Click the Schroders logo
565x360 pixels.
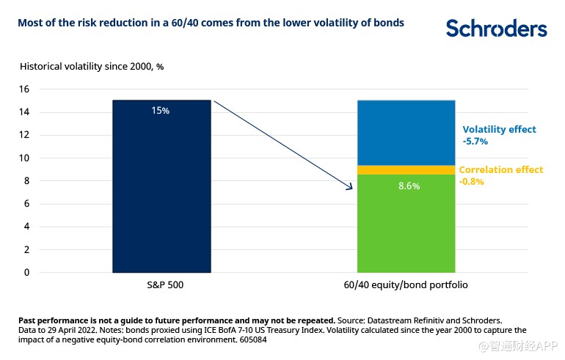click(x=497, y=28)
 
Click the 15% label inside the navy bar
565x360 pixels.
click(x=161, y=111)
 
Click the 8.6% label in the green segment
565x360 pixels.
click(x=409, y=186)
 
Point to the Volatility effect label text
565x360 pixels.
click(x=499, y=129)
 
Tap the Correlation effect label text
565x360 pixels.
click(x=501, y=169)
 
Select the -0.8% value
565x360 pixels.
click(x=472, y=181)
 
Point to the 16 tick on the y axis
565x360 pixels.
click(x=24, y=89)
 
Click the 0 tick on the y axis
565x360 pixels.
click(x=26, y=273)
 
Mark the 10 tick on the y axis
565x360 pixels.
click(x=24, y=158)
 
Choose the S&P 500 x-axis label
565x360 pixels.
click(x=161, y=284)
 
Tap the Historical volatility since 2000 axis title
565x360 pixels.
click(x=91, y=66)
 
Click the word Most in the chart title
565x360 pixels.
click(x=30, y=23)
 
